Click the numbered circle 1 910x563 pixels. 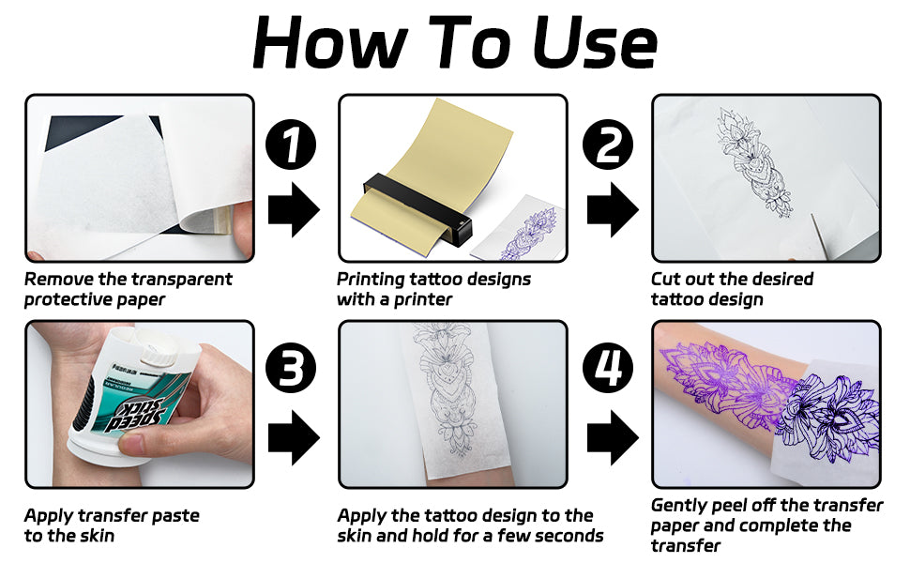pyautogui.click(x=291, y=145)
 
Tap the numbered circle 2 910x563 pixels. pyautogui.click(x=608, y=145)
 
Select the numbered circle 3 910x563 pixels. pyautogui.click(x=291, y=369)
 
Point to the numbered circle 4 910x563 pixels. pyautogui.click(x=608, y=369)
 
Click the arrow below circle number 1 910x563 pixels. pyautogui.click(x=294, y=209)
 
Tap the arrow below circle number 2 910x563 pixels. pyautogui.click(x=613, y=209)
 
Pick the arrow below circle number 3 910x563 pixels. pyautogui.click(x=294, y=437)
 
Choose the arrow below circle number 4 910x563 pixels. pyautogui.click(x=613, y=437)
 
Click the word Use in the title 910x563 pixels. pyautogui.click(x=594, y=42)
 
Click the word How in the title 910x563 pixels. pyautogui.click(x=329, y=42)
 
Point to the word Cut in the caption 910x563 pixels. pyautogui.click(x=665, y=280)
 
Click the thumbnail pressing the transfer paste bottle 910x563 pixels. pyautogui.click(x=131, y=445)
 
